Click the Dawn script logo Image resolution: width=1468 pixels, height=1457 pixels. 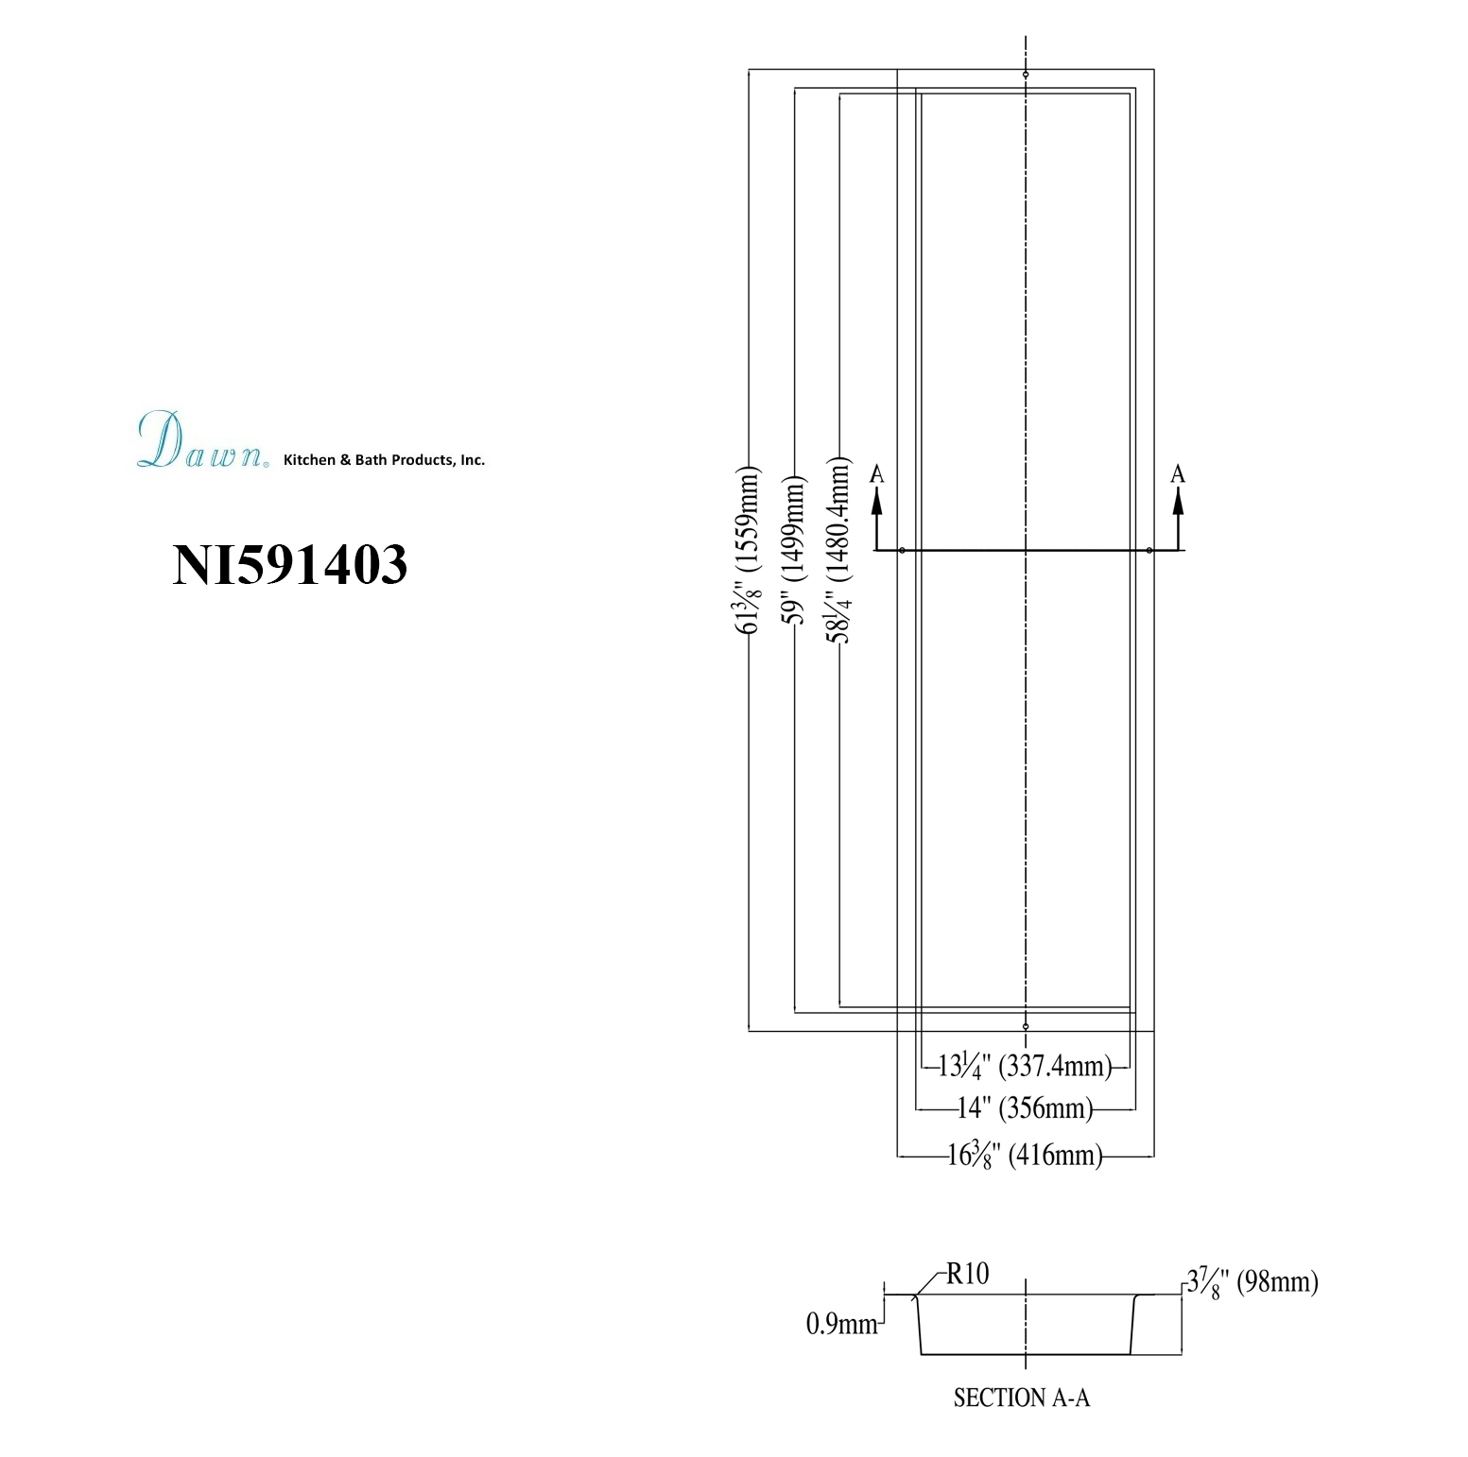[201, 440]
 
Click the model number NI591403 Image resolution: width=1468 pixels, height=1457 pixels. [289, 565]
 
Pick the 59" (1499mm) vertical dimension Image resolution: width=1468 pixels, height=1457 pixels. [795, 552]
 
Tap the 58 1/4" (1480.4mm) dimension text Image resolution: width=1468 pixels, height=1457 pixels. [838, 552]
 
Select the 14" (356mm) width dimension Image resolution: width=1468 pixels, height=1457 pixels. [1026, 1107]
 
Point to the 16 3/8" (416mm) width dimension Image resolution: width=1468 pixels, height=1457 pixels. [1026, 1155]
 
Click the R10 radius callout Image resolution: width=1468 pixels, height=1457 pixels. [967, 1274]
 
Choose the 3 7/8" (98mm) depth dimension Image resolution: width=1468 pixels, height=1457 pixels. [1252, 1282]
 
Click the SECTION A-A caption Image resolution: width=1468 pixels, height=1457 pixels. [1022, 1397]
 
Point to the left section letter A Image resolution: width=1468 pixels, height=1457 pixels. [877, 474]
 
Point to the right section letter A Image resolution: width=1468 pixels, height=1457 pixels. [1178, 474]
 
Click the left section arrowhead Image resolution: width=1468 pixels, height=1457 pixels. [877, 503]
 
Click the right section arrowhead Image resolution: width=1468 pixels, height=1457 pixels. [1178, 503]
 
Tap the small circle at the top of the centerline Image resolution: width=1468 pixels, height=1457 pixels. [1026, 74]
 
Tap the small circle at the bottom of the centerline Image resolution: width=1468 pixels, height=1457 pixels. [1026, 1026]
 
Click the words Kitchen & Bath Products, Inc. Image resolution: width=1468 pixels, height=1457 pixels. [385, 460]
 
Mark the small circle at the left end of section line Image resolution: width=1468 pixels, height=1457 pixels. [903, 550]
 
